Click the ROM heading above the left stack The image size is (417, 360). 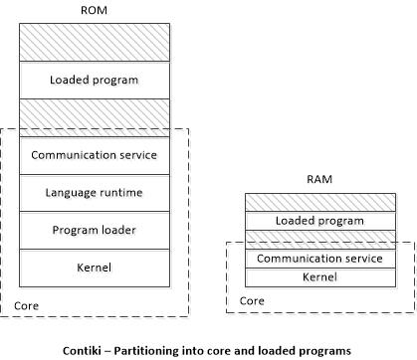pyautogui.click(x=94, y=10)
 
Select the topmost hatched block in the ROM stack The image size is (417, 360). pyautogui.click(x=95, y=43)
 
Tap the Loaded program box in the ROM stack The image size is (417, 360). pyautogui.click(x=95, y=80)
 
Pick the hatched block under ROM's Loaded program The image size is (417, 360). pyautogui.click(x=95, y=117)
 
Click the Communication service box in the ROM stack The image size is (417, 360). pyautogui.click(x=95, y=155)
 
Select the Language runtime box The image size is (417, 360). pyautogui.click(x=95, y=192)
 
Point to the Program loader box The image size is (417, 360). pyautogui.click(x=95, y=230)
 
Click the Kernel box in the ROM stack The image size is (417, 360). pyautogui.click(x=95, y=267)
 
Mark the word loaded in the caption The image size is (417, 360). pyautogui.click(x=270, y=349)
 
